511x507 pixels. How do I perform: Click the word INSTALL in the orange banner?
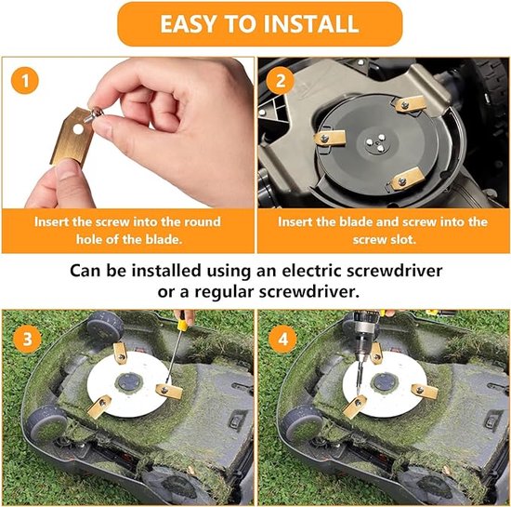point(310,24)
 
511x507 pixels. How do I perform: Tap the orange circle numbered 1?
point(25,81)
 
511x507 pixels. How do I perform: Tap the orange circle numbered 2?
point(280,81)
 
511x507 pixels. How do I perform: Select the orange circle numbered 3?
point(27,339)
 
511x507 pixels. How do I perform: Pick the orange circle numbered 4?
point(282,339)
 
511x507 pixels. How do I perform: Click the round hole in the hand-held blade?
point(78,129)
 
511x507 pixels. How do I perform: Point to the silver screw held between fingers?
point(94,115)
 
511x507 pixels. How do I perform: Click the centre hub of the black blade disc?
point(375,142)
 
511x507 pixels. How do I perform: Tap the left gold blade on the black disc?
point(329,138)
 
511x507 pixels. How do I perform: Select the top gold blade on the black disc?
point(408,104)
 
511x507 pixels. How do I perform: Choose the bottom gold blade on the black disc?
point(407,179)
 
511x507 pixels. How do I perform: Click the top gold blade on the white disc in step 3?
point(120,354)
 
